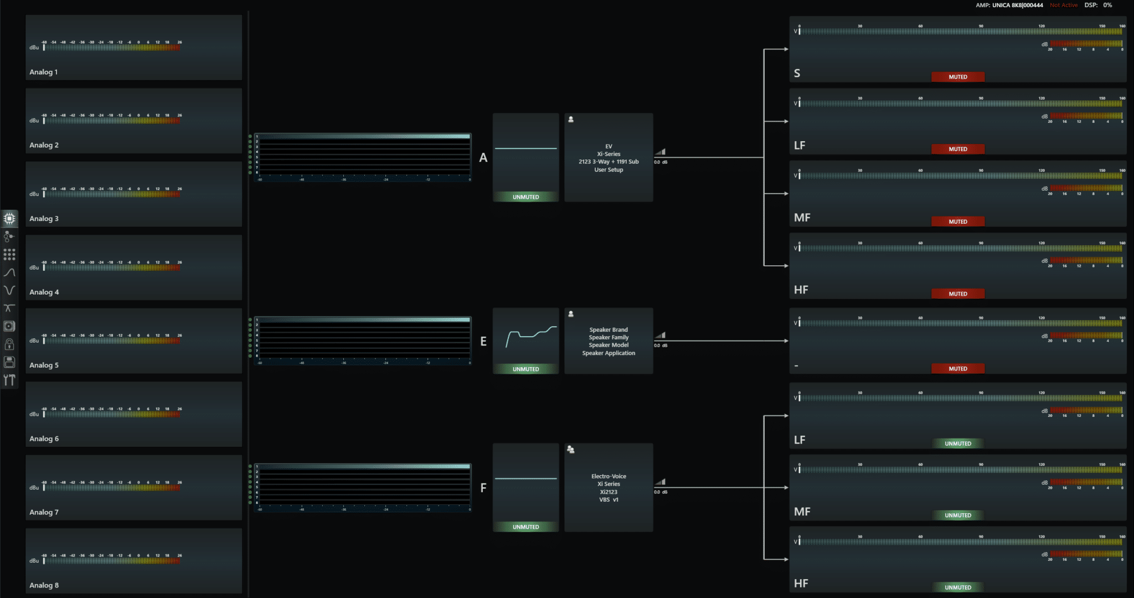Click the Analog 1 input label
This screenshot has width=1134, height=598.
coord(44,72)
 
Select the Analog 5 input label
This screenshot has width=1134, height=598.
coord(44,365)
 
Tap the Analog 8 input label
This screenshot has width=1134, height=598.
coord(44,585)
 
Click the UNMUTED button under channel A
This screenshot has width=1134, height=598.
coord(525,197)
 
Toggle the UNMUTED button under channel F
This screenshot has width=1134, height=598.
coord(525,527)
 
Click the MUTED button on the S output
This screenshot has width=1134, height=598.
coord(958,77)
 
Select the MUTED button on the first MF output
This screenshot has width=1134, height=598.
coord(958,221)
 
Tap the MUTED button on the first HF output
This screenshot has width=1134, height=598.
coord(958,294)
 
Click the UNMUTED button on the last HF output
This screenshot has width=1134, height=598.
coord(958,587)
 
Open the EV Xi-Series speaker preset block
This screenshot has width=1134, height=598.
coord(609,158)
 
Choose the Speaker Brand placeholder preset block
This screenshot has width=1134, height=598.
coord(609,341)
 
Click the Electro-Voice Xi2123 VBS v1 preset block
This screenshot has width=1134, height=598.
coord(609,488)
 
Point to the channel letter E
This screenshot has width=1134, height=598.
coord(483,342)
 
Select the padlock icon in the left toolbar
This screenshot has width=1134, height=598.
coord(9,344)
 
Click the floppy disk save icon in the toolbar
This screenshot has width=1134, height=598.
coord(9,362)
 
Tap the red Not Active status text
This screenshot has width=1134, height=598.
coord(1064,5)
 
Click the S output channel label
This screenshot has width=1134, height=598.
coord(797,73)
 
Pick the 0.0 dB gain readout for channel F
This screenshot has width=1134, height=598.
coord(661,492)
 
